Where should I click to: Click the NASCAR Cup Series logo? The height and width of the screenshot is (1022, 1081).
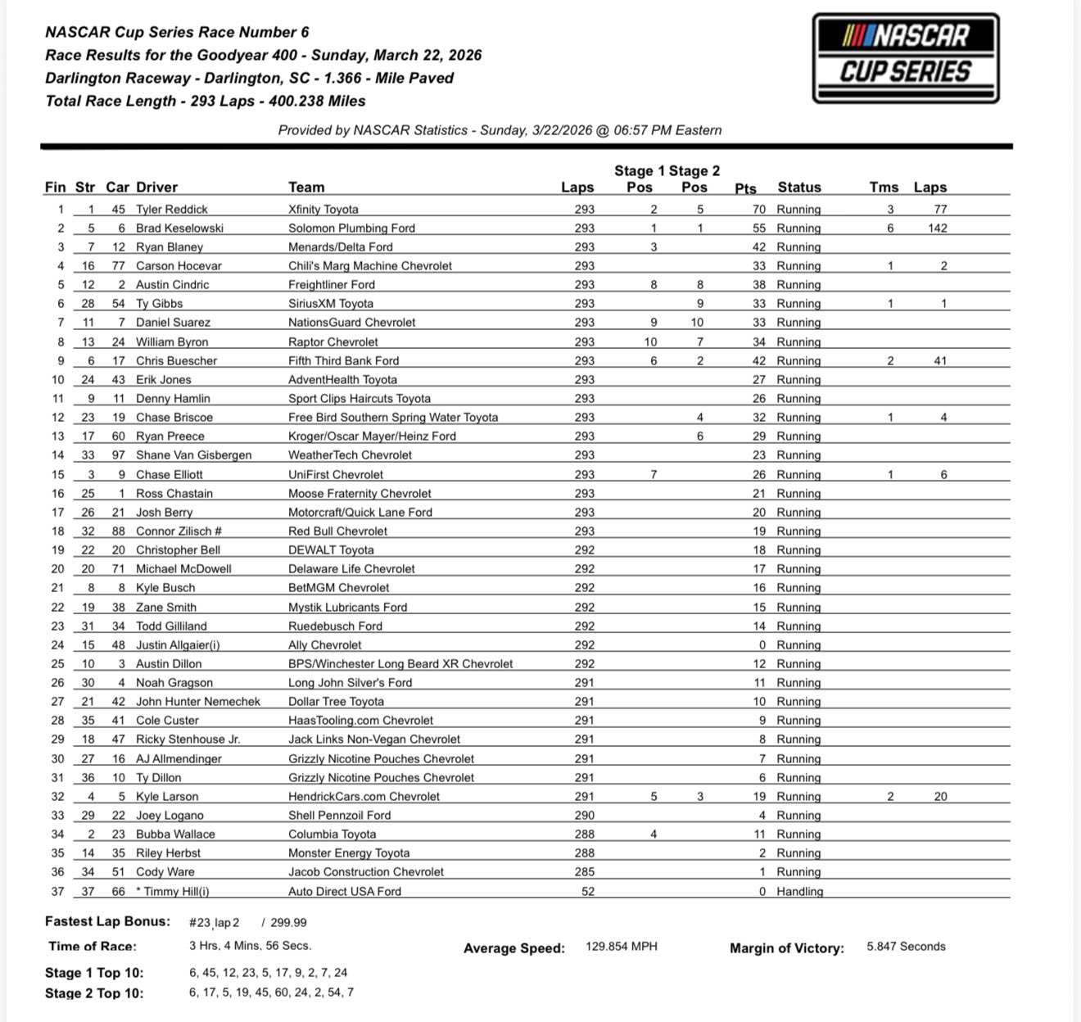click(906, 58)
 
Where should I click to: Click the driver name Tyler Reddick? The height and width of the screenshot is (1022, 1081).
click(172, 210)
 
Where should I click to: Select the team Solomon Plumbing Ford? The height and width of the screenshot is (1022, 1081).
click(351, 228)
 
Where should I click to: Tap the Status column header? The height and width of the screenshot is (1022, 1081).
click(798, 188)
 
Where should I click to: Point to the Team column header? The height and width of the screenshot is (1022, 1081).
click(306, 188)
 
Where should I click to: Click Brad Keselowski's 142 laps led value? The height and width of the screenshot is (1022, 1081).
click(938, 228)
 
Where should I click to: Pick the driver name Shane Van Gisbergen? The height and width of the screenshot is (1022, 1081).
click(194, 455)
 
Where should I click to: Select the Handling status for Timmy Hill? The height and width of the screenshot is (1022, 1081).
click(799, 891)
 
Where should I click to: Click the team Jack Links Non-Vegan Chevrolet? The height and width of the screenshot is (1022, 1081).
click(374, 739)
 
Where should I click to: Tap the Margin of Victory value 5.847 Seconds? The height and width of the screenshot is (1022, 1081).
click(906, 947)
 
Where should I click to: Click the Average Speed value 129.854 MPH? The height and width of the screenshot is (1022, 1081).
click(622, 947)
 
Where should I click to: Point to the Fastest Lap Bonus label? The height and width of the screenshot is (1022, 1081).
click(107, 922)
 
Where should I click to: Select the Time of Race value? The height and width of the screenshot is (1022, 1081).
click(250, 946)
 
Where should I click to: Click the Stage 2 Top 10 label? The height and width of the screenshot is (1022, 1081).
click(94, 993)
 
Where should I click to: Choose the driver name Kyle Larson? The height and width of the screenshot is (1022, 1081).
click(167, 797)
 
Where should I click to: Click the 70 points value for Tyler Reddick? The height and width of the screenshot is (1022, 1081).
click(759, 210)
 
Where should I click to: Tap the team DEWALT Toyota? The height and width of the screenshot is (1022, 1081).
click(331, 550)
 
